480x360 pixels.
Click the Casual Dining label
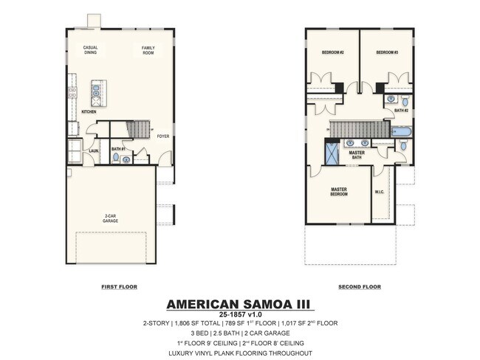[90, 50]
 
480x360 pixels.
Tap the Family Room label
[148, 50]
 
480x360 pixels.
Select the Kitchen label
[89, 111]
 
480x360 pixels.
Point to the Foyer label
[163, 136]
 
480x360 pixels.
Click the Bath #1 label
[117, 148]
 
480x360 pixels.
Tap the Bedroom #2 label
[333, 52]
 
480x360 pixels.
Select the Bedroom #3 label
[387, 52]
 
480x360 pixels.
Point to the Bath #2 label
[401, 110]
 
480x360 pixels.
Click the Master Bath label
[357, 155]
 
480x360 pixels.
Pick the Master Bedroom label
[339, 192]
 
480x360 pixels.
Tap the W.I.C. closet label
[380, 193]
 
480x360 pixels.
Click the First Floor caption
[119, 286]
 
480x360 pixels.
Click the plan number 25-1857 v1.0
[239, 315]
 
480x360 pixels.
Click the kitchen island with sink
[97, 93]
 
